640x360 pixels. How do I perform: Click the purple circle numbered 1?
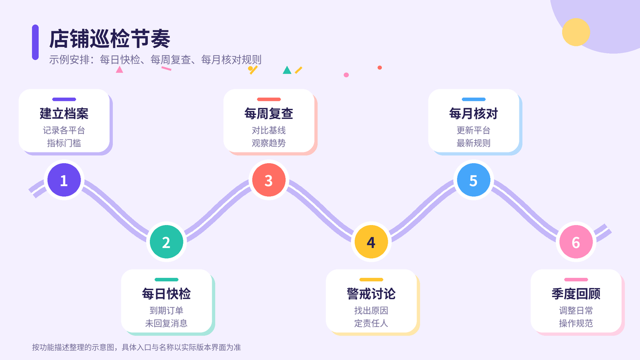tap(64, 180)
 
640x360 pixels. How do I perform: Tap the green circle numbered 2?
tap(166, 242)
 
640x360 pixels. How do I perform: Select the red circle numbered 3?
tap(269, 180)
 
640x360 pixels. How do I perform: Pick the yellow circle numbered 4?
tap(371, 242)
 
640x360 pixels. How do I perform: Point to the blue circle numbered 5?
tap(474, 180)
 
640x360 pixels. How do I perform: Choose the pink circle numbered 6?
tap(575, 242)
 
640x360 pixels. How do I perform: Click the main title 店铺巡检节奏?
tap(110, 39)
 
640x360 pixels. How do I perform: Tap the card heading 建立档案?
tap(64, 114)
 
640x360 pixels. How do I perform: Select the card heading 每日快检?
tap(166, 294)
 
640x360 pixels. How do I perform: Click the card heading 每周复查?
tap(269, 114)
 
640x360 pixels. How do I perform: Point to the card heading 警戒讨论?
tap(371, 294)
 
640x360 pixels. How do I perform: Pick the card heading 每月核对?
tap(474, 114)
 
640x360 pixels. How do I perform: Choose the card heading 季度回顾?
tap(575, 294)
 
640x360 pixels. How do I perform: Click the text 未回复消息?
tap(166, 323)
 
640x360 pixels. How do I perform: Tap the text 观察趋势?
tap(269, 143)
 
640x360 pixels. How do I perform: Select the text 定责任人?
tap(371, 323)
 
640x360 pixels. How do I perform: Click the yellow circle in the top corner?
tap(576, 32)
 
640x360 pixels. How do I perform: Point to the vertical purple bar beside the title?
tap(35, 42)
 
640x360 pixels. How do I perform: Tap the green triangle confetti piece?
tap(287, 70)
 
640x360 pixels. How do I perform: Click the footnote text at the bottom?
tap(137, 347)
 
